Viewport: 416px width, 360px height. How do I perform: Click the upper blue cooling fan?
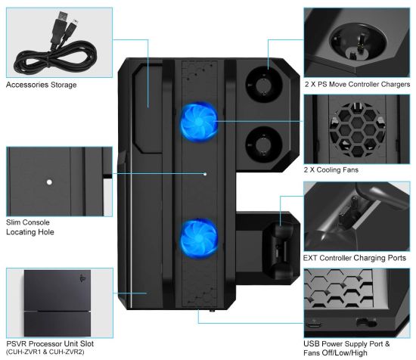click(199, 122)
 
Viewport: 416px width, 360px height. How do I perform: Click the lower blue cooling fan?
click(199, 239)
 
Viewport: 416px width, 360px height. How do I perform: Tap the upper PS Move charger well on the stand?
click(264, 85)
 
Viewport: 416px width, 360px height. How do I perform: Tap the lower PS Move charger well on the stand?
click(264, 144)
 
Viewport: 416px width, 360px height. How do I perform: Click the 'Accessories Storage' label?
click(42, 85)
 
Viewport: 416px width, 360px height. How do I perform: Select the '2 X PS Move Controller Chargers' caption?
click(357, 85)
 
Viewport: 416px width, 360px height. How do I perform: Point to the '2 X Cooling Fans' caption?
click(331, 169)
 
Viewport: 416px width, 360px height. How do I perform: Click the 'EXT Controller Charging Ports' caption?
click(355, 258)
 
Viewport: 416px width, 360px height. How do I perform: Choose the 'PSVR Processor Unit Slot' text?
click(50, 344)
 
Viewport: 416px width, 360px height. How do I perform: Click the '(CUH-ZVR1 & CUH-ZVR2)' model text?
click(45, 352)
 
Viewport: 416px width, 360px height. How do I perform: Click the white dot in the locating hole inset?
click(49, 182)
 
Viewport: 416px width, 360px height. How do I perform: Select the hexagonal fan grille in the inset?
click(357, 130)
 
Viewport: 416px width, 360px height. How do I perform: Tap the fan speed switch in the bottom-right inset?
click(366, 323)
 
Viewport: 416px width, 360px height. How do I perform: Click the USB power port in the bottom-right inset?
click(314, 324)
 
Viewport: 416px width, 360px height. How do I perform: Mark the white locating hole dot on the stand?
click(205, 174)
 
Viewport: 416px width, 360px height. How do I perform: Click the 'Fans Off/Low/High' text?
click(335, 353)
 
